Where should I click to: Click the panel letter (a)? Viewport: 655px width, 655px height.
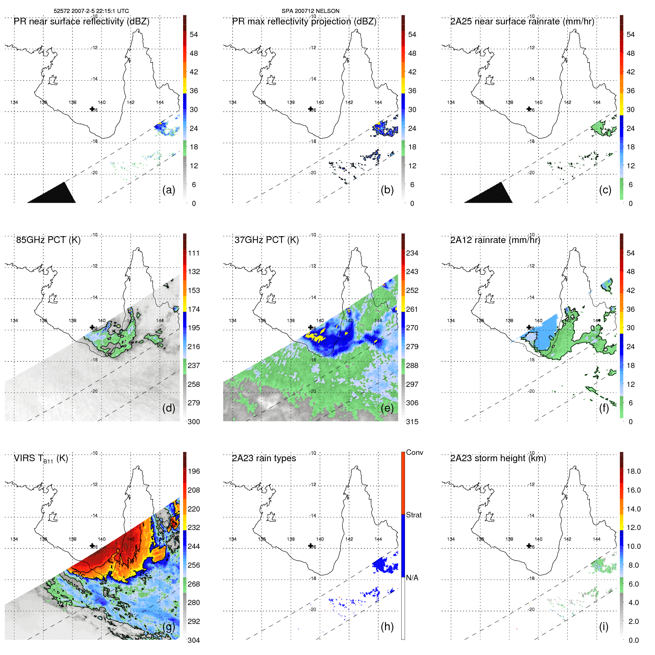click(x=169, y=190)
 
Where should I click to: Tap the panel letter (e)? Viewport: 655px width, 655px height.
click(x=387, y=408)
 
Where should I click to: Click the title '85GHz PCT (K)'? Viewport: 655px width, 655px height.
click(x=48, y=240)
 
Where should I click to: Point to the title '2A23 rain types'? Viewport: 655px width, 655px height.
click(x=264, y=458)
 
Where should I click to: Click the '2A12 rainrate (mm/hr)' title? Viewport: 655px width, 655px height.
click(x=495, y=240)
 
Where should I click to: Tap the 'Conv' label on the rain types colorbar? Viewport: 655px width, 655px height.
click(x=414, y=452)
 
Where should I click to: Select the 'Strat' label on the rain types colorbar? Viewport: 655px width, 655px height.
click(x=413, y=515)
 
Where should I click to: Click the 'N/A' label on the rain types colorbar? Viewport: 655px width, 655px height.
click(x=412, y=578)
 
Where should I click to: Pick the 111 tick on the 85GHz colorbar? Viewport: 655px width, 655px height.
click(x=193, y=253)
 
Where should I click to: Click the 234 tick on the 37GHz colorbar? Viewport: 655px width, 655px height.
click(x=412, y=253)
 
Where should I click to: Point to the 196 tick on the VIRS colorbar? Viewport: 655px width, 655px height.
click(x=193, y=471)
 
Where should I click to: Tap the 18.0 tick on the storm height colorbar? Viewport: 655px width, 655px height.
click(x=634, y=471)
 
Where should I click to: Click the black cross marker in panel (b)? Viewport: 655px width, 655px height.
click(x=310, y=109)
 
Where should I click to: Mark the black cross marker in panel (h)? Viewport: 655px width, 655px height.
click(x=310, y=546)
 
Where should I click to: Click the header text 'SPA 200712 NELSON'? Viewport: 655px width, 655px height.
click(x=310, y=11)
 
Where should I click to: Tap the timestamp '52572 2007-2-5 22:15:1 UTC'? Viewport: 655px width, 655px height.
click(x=91, y=11)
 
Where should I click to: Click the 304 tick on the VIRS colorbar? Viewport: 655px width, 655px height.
click(x=193, y=640)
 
